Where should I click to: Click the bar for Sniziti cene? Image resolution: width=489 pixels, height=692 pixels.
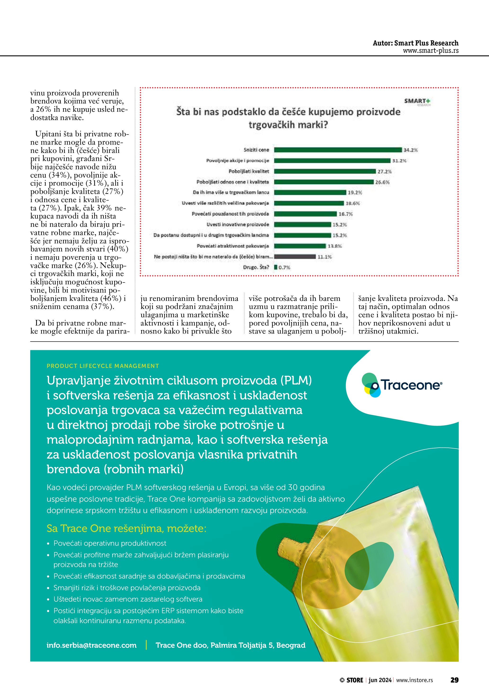[x=338, y=150]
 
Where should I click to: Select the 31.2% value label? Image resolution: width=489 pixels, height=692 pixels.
[x=399, y=161]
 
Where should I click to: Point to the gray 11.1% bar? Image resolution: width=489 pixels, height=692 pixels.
[x=295, y=256]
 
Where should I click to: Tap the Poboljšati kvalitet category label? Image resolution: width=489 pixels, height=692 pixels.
[x=249, y=171]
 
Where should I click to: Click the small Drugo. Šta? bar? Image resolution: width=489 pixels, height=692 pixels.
[x=276, y=267]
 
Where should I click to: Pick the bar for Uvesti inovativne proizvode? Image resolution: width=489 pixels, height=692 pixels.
[x=302, y=224]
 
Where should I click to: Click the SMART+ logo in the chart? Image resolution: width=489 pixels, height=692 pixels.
[x=417, y=101]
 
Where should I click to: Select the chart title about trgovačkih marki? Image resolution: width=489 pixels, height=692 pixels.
[x=288, y=118]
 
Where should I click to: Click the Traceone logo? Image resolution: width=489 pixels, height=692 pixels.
[x=402, y=385]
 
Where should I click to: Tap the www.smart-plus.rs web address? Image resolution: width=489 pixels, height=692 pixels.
[x=431, y=51]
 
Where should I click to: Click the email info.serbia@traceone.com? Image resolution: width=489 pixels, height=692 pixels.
[x=92, y=645]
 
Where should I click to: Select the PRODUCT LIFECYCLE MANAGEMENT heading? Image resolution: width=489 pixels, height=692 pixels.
[x=103, y=366]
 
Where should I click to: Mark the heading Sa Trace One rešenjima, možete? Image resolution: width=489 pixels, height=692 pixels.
[x=127, y=528]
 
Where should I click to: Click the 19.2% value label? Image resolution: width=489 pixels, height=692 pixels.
[x=355, y=193]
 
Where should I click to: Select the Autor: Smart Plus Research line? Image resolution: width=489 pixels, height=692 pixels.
[x=415, y=43]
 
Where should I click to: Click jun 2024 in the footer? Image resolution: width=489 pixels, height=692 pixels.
[x=380, y=680]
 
